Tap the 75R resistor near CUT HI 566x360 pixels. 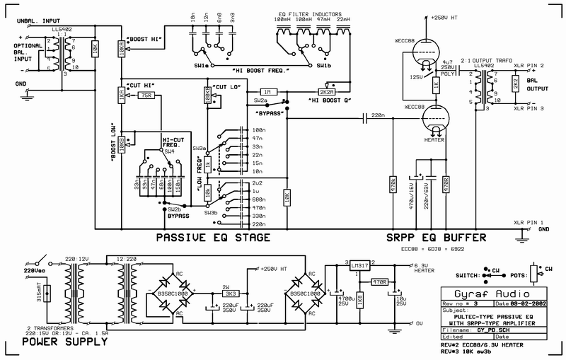[146, 95]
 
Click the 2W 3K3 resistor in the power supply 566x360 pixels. [230, 292]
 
